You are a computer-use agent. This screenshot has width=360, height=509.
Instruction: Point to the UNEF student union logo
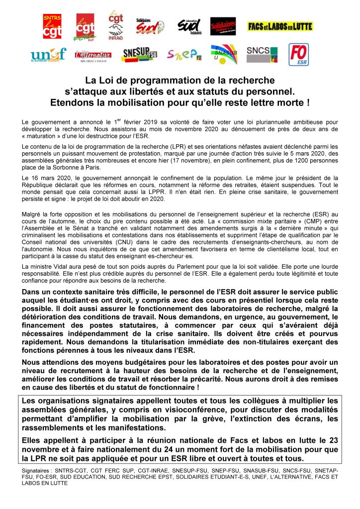(x=48, y=54)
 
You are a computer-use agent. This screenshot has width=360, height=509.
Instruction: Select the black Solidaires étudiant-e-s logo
(x=223, y=26)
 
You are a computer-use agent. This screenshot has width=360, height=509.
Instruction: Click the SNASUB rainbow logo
(x=224, y=54)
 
